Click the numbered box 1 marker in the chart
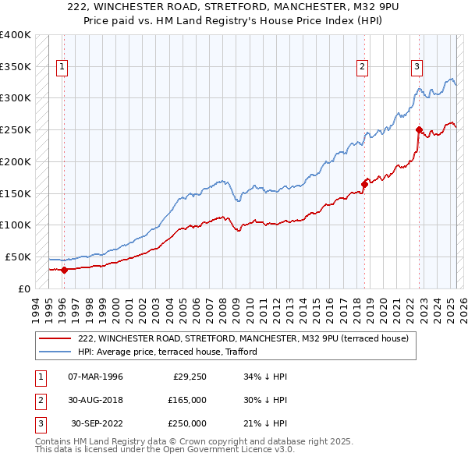[x=62, y=67]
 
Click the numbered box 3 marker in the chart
[x=417, y=67]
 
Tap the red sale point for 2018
[x=364, y=185]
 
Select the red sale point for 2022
[x=419, y=129]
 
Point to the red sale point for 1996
[x=64, y=270]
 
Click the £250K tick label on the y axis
[x=16, y=130]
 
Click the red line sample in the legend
[x=55, y=338]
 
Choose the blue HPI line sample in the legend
[x=55, y=352]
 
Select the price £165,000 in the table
[x=187, y=400]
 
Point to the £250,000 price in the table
[x=187, y=423]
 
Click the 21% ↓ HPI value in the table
[x=266, y=423]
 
